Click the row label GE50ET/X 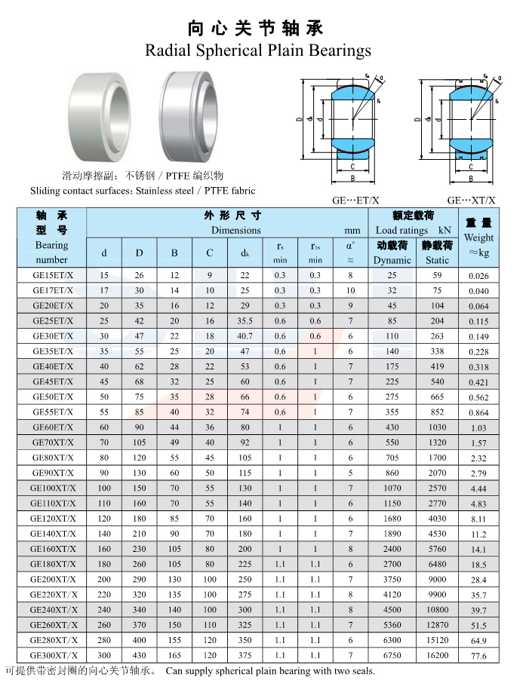coord(53,397)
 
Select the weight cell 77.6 coord(478,656)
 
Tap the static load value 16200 coord(437,655)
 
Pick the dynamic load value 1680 coord(392,519)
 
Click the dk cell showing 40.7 coord(245,336)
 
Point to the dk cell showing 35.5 coord(245,321)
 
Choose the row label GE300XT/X coord(54,655)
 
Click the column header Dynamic coord(392,260)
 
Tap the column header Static coord(437,260)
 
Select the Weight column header coord(478,237)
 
